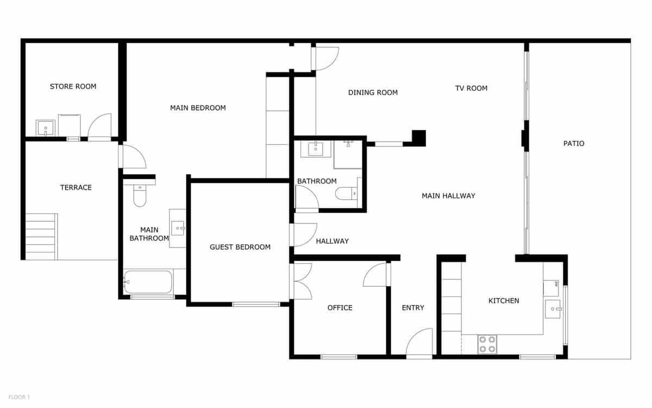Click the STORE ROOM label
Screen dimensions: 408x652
73,86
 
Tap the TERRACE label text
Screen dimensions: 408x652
76,188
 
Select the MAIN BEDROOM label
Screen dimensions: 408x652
198,108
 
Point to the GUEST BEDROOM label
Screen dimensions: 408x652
240,247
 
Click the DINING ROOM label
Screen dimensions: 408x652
373,92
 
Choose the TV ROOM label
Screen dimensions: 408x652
471,88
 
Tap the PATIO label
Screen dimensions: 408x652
574,144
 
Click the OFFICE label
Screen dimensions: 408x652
340,308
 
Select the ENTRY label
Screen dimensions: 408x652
413,308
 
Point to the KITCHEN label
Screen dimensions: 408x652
504,301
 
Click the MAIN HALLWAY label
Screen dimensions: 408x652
448,196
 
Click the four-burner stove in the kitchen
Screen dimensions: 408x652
487,344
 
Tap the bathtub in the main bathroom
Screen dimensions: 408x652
148,282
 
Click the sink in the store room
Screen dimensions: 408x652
46,128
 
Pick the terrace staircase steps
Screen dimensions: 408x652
41,237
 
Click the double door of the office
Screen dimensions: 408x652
302,281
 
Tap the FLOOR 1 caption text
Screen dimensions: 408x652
19,397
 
